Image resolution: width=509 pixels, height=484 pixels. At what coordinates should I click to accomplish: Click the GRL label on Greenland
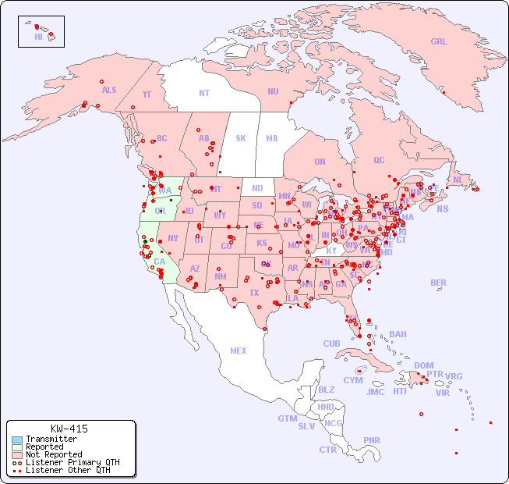point(439,42)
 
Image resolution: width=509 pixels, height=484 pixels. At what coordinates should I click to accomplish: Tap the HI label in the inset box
point(38,37)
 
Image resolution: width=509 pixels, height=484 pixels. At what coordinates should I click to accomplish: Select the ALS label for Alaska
point(109,90)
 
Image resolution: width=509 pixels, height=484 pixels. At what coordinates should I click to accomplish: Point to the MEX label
point(239,351)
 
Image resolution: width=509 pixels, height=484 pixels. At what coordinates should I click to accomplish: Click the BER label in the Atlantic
point(439,283)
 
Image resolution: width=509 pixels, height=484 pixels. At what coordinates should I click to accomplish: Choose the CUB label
point(331,343)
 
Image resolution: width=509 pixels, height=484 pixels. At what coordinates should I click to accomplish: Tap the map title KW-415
point(69,429)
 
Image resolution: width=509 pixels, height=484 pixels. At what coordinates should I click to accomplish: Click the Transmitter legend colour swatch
point(17,440)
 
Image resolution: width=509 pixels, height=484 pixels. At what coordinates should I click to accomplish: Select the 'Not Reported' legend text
point(54,454)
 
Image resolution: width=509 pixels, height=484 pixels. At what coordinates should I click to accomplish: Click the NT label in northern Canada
point(203,92)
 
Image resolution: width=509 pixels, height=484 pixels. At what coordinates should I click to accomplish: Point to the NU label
point(273,91)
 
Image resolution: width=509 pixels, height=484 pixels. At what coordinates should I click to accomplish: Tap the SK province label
point(241,138)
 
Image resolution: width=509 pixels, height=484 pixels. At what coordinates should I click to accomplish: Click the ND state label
point(257,188)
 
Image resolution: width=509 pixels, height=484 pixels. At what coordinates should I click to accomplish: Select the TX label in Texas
point(254,293)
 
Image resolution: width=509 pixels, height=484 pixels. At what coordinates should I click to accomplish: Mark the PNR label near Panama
point(372,440)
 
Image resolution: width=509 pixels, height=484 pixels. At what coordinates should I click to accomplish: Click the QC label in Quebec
point(379,160)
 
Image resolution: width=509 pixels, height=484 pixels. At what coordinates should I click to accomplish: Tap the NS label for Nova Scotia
point(443,208)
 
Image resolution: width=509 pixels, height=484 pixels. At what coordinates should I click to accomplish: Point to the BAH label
point(398,334)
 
